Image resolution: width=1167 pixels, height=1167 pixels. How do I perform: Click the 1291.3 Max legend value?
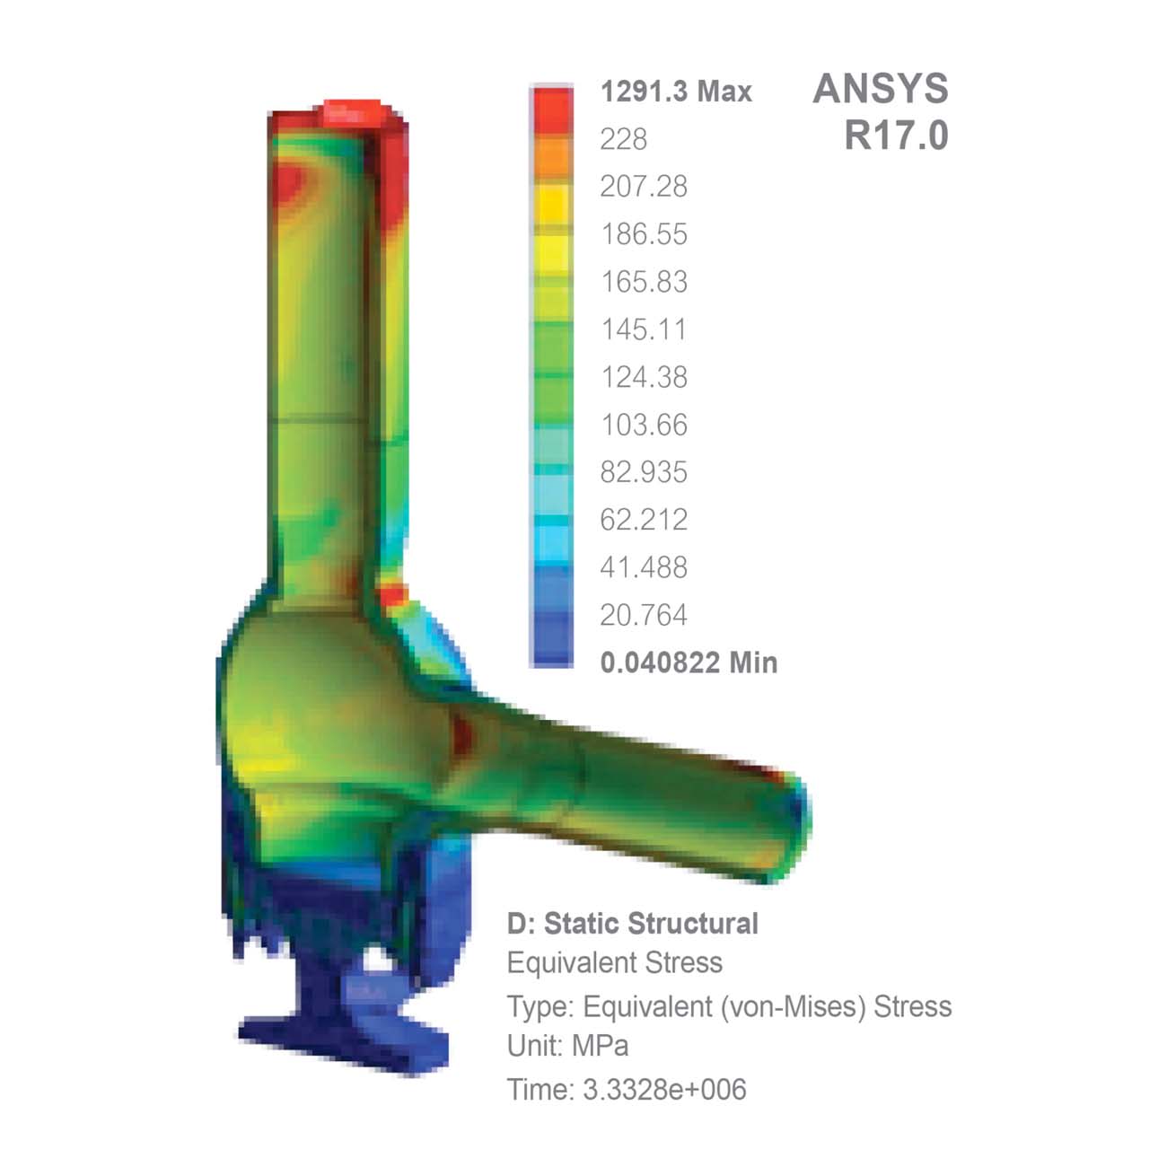[675, 92]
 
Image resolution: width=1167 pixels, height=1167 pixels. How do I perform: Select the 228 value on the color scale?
[623, 139]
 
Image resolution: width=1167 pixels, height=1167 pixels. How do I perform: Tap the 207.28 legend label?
[643, 187]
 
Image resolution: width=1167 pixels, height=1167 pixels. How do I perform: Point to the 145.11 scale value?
[643, 329]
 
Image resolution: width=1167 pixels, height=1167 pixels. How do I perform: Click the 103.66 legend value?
[643, 425]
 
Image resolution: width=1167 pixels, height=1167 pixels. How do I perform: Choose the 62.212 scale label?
[643, 520]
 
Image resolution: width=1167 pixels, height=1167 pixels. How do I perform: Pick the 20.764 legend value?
[643, 615]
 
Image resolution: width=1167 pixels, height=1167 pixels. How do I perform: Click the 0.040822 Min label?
[688, 662]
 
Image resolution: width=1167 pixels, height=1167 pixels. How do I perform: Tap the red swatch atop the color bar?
[551, 110]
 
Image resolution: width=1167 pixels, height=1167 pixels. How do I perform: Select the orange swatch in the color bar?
[551, 157]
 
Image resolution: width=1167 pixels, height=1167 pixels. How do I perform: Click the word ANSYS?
[880, 89]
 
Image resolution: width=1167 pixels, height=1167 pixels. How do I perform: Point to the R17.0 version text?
[895, 136]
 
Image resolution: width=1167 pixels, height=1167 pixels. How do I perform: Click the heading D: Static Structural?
[632, 924]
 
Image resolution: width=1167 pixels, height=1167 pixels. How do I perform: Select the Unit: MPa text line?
[567, 1046]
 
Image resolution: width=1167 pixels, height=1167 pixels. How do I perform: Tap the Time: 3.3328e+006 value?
[626, 1090]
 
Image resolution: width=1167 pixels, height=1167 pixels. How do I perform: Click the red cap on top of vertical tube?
[357, 112]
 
